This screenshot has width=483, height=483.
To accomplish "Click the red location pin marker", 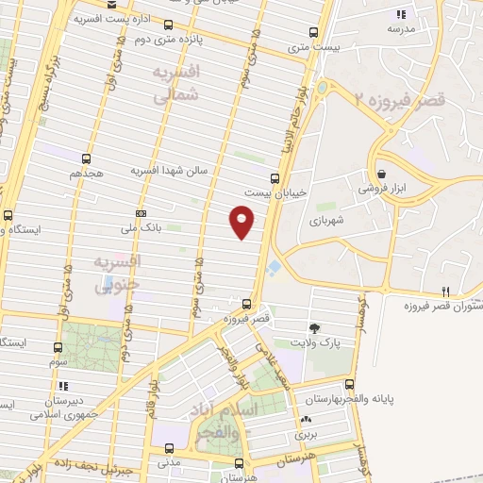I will pyautogui.click(x=242, y=221).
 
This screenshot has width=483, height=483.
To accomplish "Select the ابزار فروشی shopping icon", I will pyautogui.click(x=381, y=174).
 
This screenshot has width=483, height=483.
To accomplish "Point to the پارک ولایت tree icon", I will pyautogui.click(x=314, y=327).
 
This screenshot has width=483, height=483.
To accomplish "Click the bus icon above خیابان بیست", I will pyautogui.click(x=275, y=177).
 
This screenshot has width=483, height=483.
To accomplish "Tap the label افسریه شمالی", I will pyautogui.click(x=176, y=82).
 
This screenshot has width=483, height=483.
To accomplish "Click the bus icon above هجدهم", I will pyautogui.click(x=87, y=158).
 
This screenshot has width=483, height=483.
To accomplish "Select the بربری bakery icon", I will pyautogui.click(x=305, y=421).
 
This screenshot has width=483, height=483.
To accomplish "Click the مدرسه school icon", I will pyautogui.click(x=401, y=14).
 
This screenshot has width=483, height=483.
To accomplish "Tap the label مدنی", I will pyautogui.click(x=170, y=462).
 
